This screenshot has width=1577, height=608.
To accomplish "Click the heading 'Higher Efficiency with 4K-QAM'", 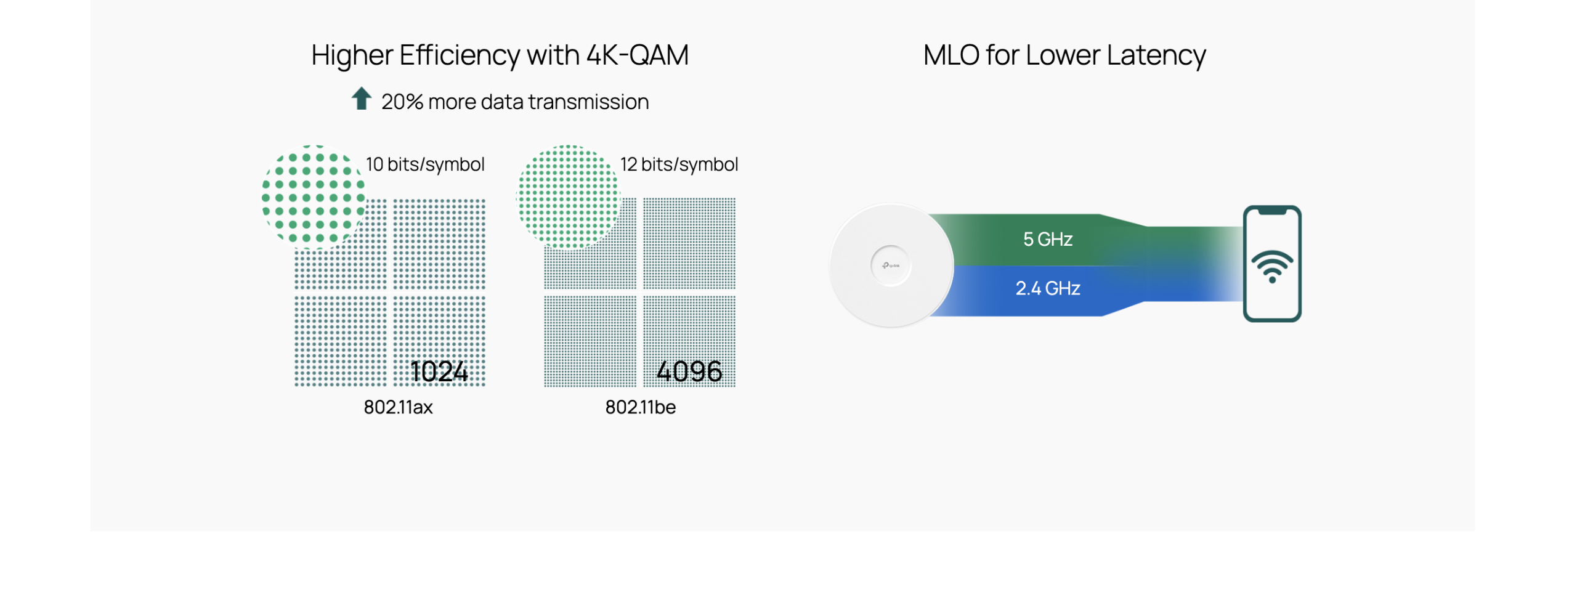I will coord(499,55).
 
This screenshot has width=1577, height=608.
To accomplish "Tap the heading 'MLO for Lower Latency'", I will coord(1064,55).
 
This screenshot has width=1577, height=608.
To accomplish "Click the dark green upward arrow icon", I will coord(362,99).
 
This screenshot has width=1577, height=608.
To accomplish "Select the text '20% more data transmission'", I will coord(514,102).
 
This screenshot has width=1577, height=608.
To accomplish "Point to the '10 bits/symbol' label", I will coord(425,164).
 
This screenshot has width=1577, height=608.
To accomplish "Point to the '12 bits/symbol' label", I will coord(679,164).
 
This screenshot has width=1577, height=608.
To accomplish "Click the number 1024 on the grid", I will coord(439,371).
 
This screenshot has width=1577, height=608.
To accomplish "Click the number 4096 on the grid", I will coord(689,371).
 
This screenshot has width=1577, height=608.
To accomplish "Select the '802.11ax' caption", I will coord(398,407).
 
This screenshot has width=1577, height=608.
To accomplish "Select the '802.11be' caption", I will coord(640,407).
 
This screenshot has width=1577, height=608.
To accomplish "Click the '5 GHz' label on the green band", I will coord(1047,239).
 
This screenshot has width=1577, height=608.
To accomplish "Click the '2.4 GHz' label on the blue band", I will coord(1047,288).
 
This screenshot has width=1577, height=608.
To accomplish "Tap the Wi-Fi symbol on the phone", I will coord(1271,267).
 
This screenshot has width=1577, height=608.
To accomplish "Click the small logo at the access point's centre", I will coord(890,265).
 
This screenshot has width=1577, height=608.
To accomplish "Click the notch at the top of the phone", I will coord(1271,211).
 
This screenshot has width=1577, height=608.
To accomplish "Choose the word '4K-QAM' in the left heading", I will coord(637,55).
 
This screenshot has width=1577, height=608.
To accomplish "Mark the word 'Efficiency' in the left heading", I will coord(459,55).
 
